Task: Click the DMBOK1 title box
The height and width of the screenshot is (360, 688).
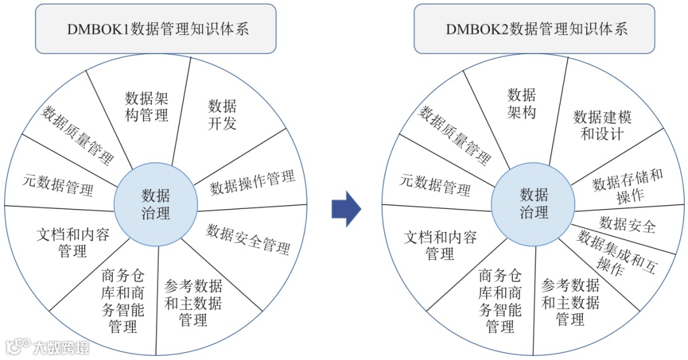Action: point(155,29)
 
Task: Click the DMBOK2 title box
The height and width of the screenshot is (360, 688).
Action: point(534,29)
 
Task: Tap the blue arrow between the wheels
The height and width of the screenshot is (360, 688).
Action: point(346,208)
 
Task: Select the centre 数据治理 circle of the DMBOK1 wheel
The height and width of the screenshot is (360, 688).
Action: point(155,204)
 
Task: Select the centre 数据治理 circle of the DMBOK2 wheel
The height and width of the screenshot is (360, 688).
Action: point(533,203)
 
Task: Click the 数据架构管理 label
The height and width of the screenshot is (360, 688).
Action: point(147,106)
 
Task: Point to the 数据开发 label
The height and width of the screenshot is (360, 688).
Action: point(222,115)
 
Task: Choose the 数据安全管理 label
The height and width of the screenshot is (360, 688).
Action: point(248,239)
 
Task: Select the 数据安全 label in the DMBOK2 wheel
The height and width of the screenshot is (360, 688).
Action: point(627,224)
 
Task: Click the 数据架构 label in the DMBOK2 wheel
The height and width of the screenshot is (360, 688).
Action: point(522,104)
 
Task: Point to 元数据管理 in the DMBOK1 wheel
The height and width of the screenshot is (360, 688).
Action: point(58,185)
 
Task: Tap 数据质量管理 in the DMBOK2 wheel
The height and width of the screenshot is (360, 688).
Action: point(454,134)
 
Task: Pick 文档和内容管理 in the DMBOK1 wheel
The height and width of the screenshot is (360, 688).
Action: point(73,243)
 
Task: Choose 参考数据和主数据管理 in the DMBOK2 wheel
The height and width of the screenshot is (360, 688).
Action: point(570,302)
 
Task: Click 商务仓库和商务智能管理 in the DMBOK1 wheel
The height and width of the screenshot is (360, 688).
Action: point(123,301)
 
